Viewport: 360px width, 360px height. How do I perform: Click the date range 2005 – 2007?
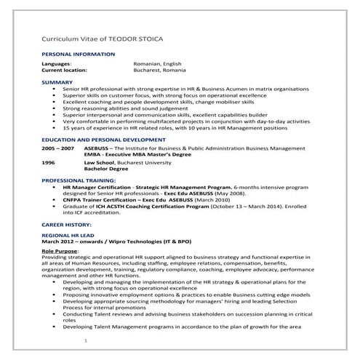click(57, 148)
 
